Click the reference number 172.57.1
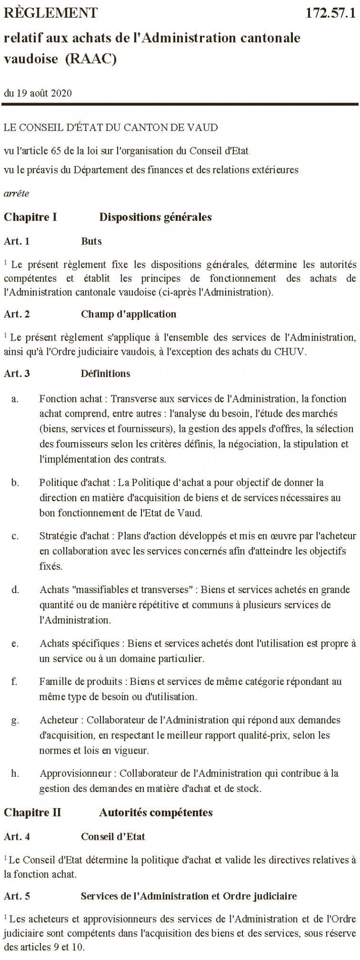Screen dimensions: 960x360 pos(331,13)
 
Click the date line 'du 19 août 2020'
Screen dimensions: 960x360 pos(37,93)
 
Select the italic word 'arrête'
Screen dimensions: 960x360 pos(16,193)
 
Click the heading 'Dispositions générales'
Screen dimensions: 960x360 pos(155,218)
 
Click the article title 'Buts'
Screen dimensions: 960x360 pos(91,241)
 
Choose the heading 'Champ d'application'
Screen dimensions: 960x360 pos(128,314)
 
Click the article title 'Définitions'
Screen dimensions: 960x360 pos(105,374)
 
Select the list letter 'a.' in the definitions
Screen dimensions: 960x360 pos(15,399)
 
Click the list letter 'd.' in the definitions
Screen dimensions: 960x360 pos(15,589)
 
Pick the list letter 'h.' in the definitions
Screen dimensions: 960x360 pos(15,773)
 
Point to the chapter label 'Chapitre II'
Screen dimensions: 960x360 pos(32,813)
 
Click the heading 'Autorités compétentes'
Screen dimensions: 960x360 pos(156,813)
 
